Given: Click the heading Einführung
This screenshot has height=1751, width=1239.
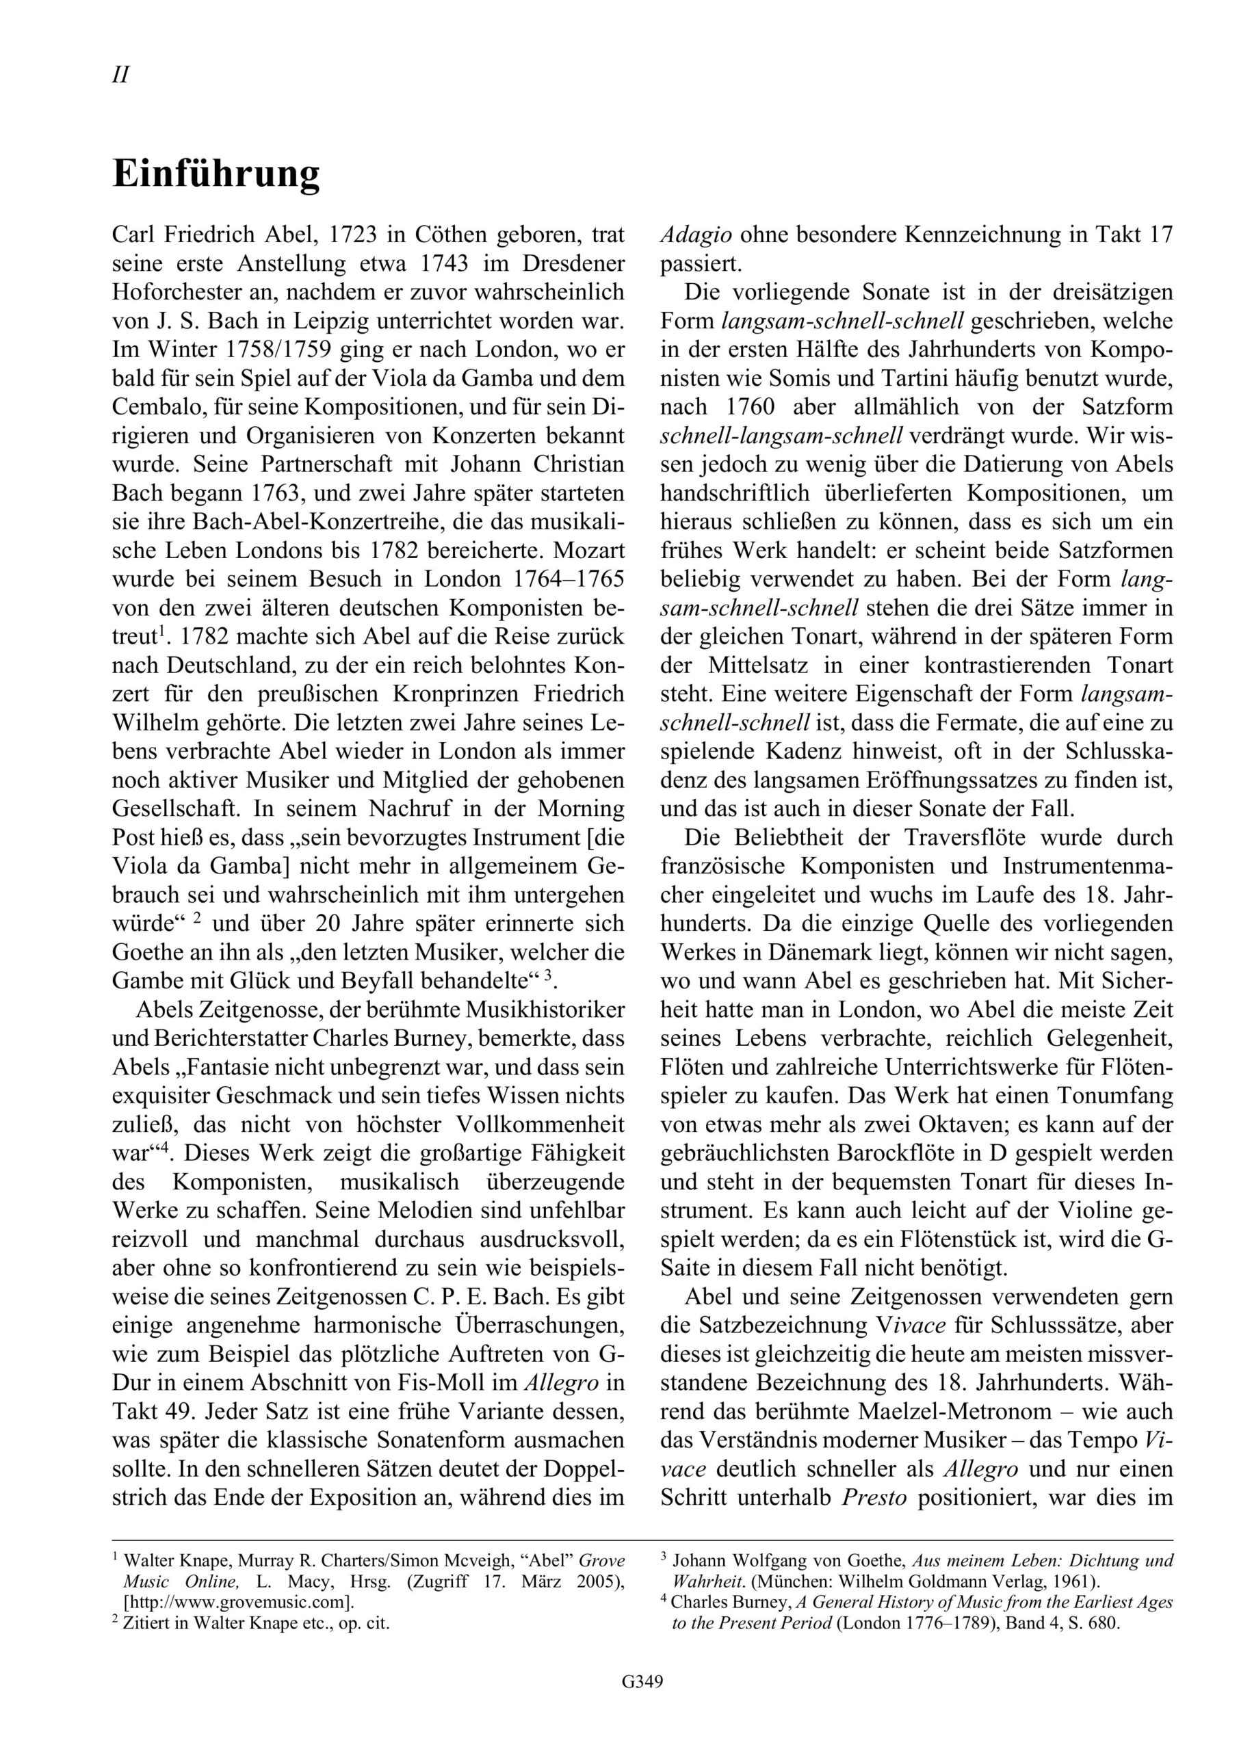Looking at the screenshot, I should pos(216,174).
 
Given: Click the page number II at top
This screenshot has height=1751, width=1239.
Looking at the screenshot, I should pos(120,75).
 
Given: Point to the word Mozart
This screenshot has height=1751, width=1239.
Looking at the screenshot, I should pos(588,550).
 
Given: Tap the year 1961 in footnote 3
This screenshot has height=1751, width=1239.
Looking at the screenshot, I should pos(1060,1580).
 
